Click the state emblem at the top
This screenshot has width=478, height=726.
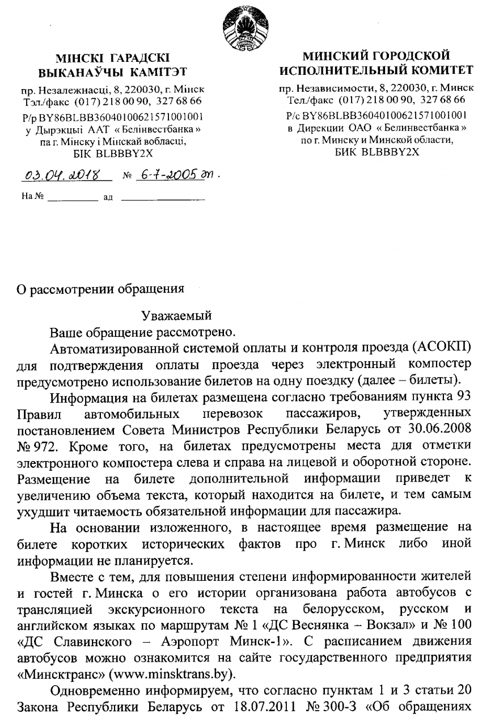(242, 26)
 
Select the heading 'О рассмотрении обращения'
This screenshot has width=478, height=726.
(99, 288)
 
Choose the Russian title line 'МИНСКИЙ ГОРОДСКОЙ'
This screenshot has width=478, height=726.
(376, 57)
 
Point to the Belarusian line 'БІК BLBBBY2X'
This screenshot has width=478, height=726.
(112, 153)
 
